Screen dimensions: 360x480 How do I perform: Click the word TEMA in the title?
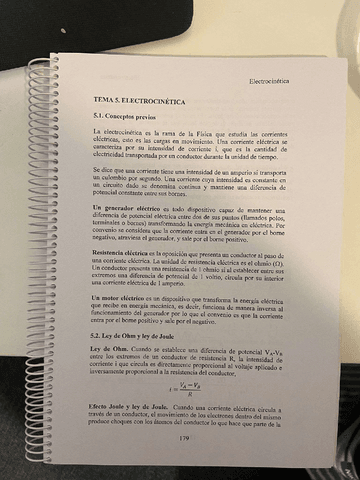pyautogui.click(x=105, y=102)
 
